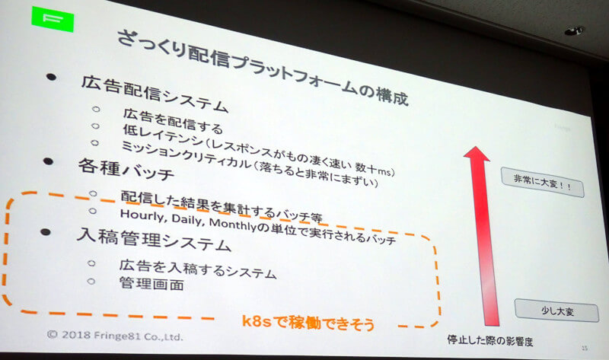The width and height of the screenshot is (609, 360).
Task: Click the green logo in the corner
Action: tap(53, 18)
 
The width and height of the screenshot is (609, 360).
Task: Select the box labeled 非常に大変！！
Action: tap(542, 182)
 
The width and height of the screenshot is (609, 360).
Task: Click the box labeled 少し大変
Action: tap(556, 311)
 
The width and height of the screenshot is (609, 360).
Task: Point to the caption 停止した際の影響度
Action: tap(489, 340)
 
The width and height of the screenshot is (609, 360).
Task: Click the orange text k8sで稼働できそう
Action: tap(308, 323)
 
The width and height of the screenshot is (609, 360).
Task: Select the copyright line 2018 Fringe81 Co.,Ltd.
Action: tap(115, 335)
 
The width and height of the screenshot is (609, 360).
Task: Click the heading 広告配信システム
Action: tap(155, 94)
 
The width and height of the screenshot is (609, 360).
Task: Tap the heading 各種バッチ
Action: tap(126, 169)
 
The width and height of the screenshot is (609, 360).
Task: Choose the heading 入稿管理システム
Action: tap(154, 239)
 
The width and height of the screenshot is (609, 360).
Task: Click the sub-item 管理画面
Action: tap(151, 283)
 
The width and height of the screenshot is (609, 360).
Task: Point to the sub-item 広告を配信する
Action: tap(173, 120)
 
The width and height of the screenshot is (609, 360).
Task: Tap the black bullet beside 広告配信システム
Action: tap(51, 77)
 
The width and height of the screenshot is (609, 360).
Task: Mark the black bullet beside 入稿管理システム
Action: tap(46, 232)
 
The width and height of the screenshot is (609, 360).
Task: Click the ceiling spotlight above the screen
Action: tap(574, 30)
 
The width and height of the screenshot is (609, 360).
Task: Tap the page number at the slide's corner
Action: tap(585, 348)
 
